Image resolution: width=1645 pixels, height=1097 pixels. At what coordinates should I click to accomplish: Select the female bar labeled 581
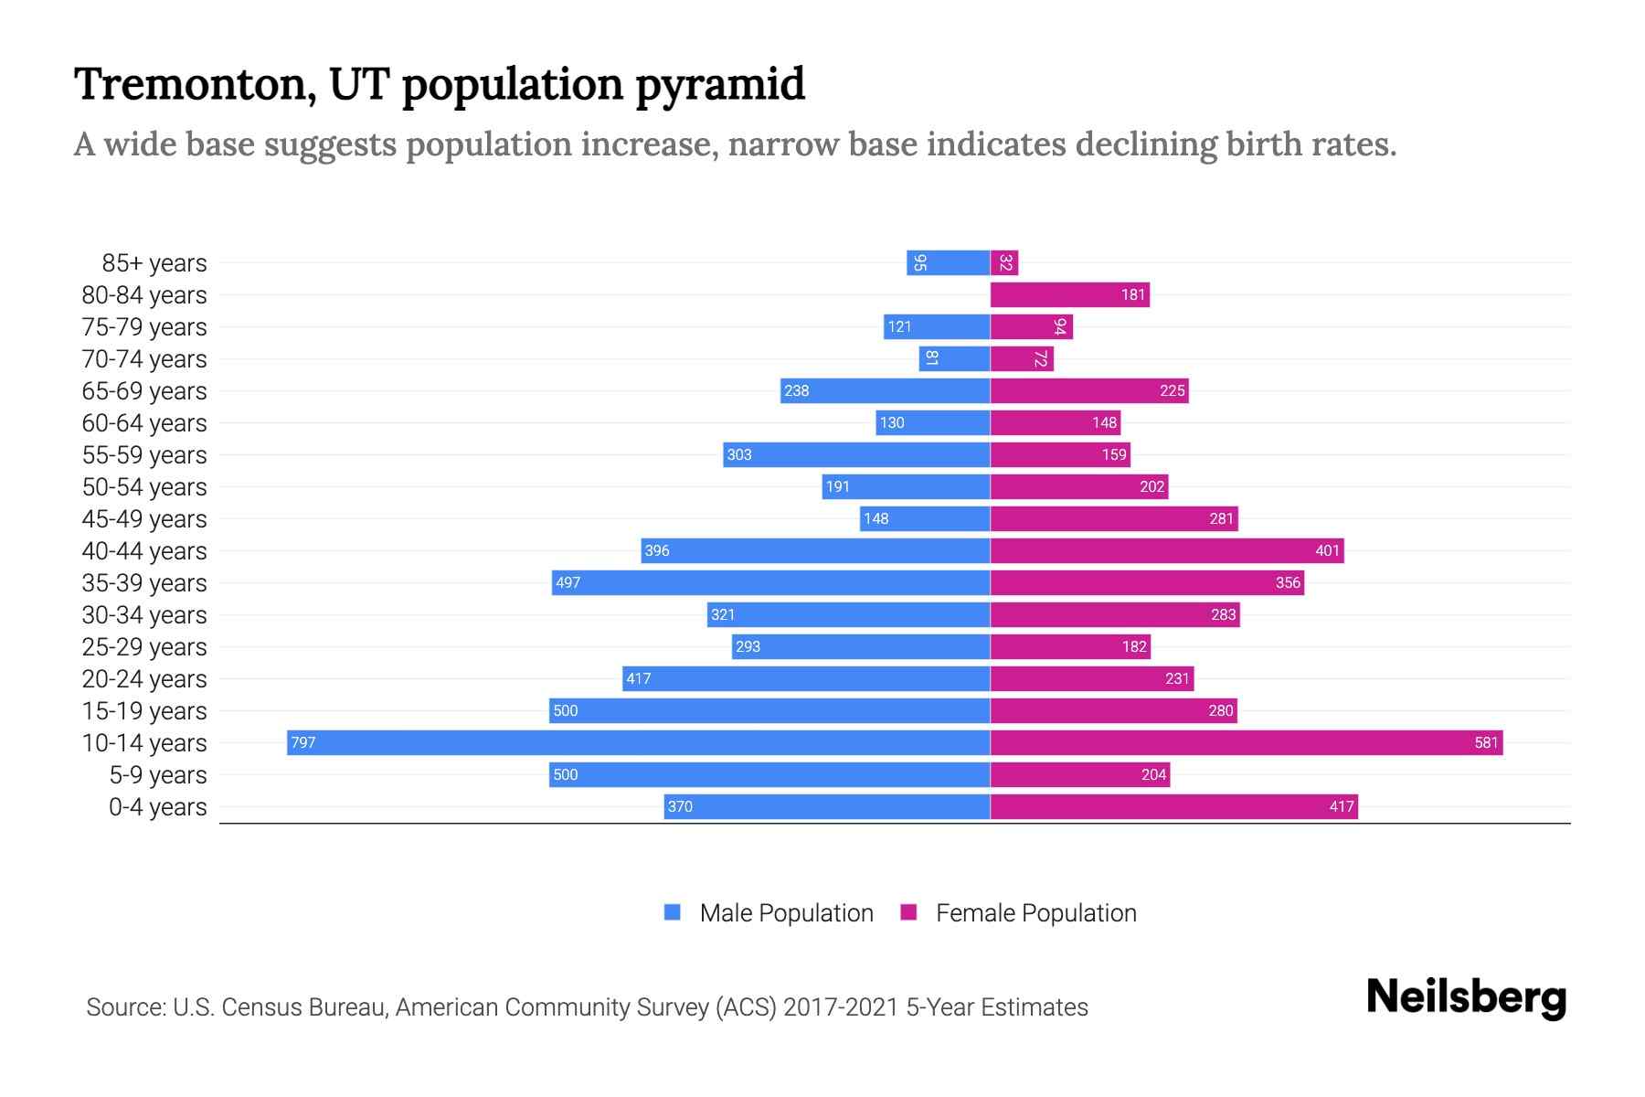pos(1247,742)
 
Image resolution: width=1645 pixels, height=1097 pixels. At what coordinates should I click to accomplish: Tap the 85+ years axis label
pos(154,263)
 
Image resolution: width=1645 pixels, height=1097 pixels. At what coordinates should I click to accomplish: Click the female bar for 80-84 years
pos(1069,294)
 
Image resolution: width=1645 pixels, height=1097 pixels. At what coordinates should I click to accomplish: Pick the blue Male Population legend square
pos(673,912)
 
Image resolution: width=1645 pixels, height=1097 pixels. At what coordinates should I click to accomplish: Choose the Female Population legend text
pos(1035,913)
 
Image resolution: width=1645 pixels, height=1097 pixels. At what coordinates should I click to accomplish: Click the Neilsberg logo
pos(1466,997)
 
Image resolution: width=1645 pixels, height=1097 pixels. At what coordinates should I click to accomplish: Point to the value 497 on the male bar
pos(568,583)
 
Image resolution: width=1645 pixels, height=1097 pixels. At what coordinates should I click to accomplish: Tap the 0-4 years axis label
pos(157,807)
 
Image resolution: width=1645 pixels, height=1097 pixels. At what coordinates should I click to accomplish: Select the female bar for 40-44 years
pos(1167,550)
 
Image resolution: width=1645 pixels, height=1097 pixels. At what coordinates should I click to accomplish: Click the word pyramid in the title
pos(719,85)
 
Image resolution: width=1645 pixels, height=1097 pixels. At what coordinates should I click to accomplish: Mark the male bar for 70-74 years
pos(955,358)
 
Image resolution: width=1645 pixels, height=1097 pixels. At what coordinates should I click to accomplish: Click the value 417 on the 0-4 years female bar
pos(1341,807)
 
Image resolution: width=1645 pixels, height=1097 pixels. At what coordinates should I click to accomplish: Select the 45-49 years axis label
pos(144,519)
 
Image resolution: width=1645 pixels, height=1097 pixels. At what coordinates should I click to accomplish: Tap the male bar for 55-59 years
pos(856,454)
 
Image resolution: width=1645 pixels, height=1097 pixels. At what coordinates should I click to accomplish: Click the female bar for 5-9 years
pos(1079,774)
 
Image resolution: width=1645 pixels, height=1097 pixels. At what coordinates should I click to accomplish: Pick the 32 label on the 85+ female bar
pos(1005,263)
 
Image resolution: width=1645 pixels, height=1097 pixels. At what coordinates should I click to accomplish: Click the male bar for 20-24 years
pos(806,678)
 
